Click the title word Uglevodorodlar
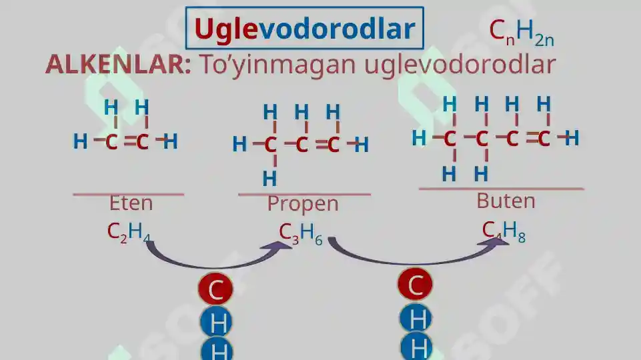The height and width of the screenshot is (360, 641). coord(305,29)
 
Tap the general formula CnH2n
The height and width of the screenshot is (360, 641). coord(521,32)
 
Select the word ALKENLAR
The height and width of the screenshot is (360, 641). coord(118,64)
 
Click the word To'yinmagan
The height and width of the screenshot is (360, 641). coord(277,65)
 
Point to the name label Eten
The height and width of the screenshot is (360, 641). coord(131,203)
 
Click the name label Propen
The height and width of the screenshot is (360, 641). coord(303,204)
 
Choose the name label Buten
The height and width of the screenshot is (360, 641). coord(506,201)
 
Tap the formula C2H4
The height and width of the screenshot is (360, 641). coord(128,233)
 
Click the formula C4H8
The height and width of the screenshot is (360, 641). coord(504,231)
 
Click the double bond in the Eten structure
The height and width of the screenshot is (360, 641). coord(129,141)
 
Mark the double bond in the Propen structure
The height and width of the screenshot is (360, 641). coord(322,144)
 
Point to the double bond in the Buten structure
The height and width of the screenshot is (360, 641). coord(532,138)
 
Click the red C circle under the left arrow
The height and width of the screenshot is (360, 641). coord(215,289)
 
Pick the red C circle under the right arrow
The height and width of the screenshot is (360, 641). coord(415,285)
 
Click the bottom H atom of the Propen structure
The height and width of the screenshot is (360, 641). coord(269,179)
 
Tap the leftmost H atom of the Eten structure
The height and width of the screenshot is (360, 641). coord(80,142)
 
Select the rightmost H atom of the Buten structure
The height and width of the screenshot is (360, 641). coord(572,138)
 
